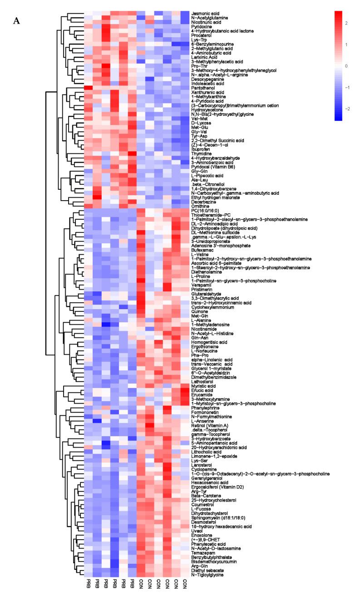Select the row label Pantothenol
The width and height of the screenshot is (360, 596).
click(203, 87)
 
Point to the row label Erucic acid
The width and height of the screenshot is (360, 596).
click(203, 390)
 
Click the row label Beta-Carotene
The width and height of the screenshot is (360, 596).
click(207, 496)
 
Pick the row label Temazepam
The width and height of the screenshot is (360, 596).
click(204, 553)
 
